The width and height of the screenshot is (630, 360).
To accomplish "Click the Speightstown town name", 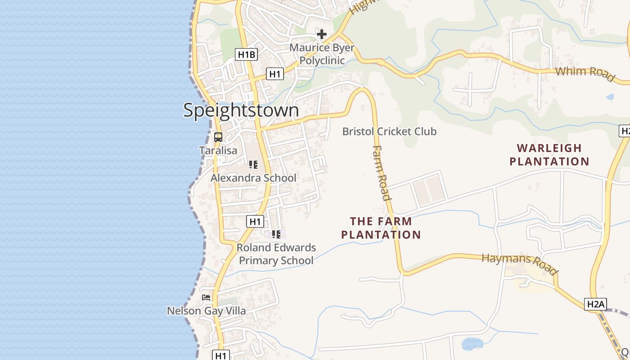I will (241, 110).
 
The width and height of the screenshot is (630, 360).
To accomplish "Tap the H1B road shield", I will (246, 55).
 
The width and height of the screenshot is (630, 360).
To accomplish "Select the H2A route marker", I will (595, 304).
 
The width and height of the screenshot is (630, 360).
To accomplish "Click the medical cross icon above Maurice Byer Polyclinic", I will (322, 34).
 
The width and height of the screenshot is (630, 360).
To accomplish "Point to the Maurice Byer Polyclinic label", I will (322, 54).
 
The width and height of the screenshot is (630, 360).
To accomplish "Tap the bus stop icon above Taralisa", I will (218, 137).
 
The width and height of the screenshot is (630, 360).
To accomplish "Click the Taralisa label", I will (218, 150).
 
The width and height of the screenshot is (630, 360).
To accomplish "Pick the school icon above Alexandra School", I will (253, 165).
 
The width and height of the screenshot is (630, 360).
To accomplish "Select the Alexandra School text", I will (254, 178).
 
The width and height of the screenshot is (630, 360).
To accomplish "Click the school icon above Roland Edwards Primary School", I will (276, 234).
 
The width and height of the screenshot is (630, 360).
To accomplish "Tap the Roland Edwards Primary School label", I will (276, 254).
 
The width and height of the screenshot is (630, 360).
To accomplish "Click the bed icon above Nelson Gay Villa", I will (206, 297).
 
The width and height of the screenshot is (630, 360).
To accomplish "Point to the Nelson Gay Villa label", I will (207, 311).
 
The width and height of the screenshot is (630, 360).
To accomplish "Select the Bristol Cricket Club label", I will (389, 131).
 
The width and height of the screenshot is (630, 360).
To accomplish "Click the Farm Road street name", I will (382, 173).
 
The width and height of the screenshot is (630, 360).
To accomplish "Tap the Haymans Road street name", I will (520, 264).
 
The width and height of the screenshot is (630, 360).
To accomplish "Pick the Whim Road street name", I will (585, 74).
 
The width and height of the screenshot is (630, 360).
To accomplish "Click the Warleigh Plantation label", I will (549, 154).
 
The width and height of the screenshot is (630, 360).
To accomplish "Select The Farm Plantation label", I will (381, 228).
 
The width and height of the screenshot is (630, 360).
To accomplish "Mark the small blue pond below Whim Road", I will (610, 97).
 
